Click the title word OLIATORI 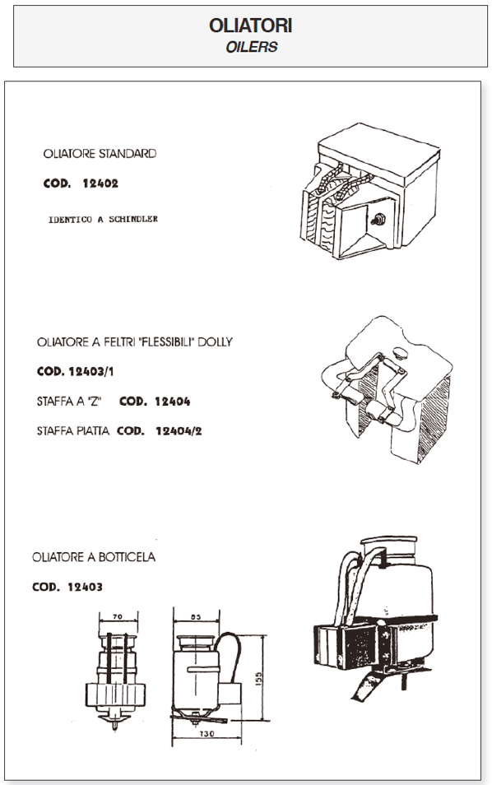coord(250,26)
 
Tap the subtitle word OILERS coord(251,47)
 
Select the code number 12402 coord(100,183)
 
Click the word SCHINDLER coord(133,219)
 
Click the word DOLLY coord(216,342)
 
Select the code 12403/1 coord(91,371)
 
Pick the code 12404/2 coord(179,431)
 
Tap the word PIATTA coord(93,431)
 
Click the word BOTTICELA coord(127,557)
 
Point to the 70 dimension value coord(118,617)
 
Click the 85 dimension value coord(196,617)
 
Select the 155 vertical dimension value coord(259,678)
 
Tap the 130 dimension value coord(207,733)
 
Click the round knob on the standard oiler coord(378,219)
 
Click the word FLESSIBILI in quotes coord(167,342)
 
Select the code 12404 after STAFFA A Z coord(172,402)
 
